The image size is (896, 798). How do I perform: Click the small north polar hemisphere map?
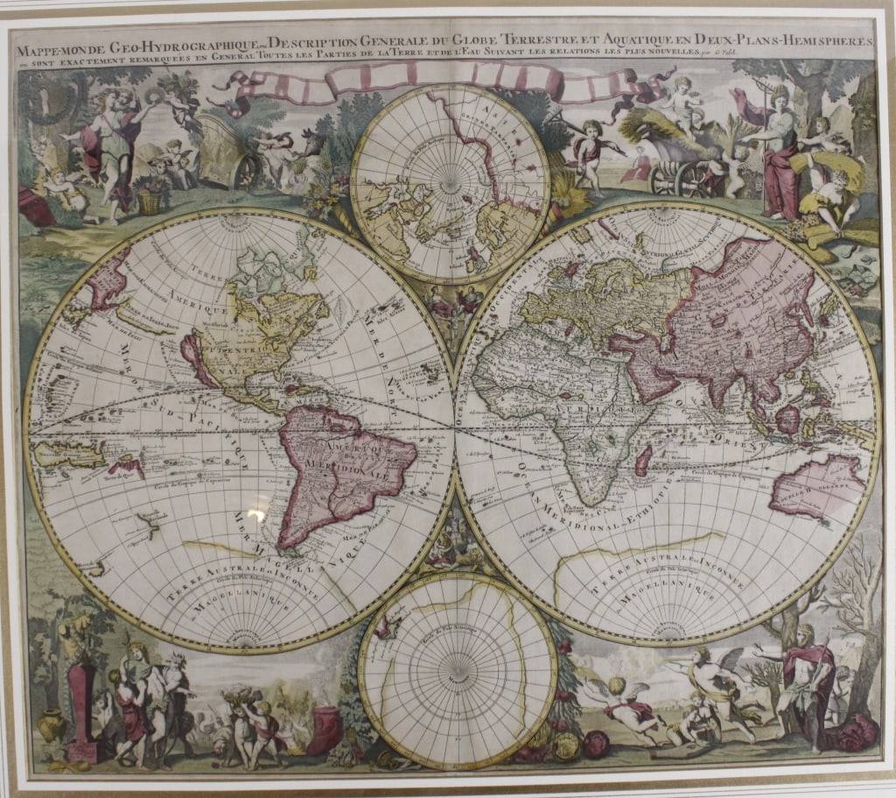tap(450, 183)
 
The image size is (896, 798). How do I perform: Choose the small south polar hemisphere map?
tap(457, 671)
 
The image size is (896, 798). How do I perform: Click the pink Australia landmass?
tap(818, 487)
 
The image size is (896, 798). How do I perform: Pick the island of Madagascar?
tap(643, 459)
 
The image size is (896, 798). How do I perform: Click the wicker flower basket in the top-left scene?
tap(151, 201)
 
